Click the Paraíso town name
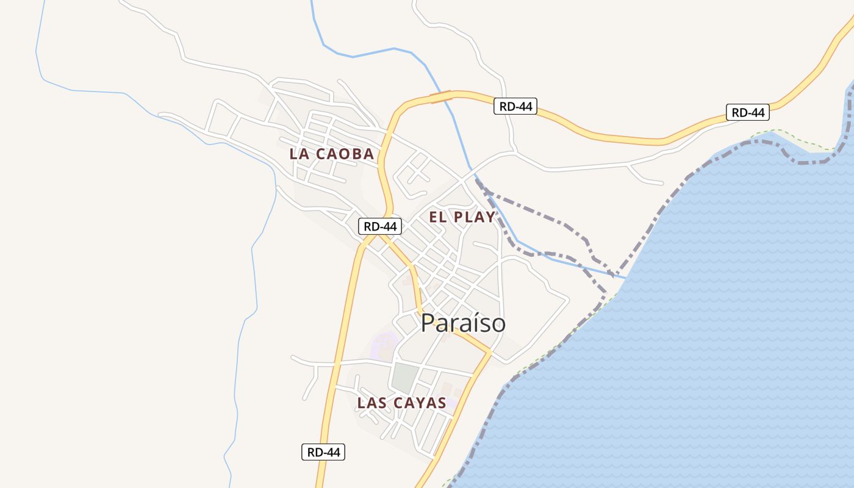tap(463, 323)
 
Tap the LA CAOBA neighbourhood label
tap(332, 154)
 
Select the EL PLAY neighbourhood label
tap(462, 217)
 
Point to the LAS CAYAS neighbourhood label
tap(402, 403)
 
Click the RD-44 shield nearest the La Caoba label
tap(379, 226)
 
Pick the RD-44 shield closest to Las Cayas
tap(323, 452)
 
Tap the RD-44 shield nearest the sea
tap(747, 112)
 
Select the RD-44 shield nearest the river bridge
tap(515, 106)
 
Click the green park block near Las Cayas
tap(405, 378)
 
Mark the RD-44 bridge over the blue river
tap(441, 96)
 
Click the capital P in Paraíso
tap(428, 323)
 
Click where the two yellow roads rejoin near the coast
tap(488, 353)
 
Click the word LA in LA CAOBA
tap(299, 154)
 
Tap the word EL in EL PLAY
tap(438, 217)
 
